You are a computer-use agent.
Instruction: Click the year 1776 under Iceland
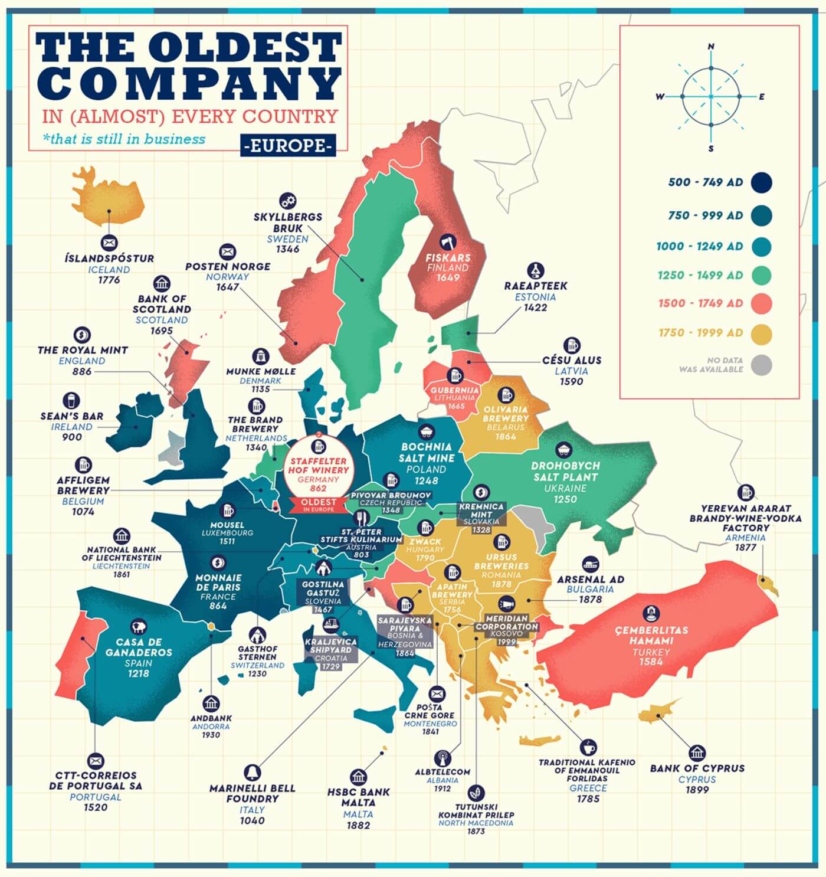click(x=109, y=280)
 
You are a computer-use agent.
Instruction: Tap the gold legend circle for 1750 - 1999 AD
click(x=762, y=333)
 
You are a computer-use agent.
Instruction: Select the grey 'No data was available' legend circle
click(x=762, y=365)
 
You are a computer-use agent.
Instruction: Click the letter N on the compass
click(x=711, y=47)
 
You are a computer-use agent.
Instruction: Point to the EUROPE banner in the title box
click(x=289, y=145)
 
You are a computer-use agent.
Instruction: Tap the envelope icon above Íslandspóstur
click(x=109, y=242)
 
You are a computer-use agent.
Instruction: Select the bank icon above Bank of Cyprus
click(x=697, y=754)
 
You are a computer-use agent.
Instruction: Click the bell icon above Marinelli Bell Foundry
click(x=252, y=772)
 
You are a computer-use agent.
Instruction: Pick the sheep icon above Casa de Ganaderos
click(x=139, y=627)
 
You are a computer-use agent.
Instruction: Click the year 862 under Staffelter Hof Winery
click(x=318, y=488)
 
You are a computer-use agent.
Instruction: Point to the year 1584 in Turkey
click(x=651, y=662)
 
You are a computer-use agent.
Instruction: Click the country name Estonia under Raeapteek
click(x=535, y=297)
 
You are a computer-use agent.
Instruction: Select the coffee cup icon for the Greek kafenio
click(x=588, y=747)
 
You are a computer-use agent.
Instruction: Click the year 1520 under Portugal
click(x=96, y=807)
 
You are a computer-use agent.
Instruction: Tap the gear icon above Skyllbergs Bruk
click(x=288, y=201)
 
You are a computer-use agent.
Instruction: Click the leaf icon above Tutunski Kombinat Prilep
click(x=476, y=792)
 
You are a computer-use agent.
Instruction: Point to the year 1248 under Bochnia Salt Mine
click(x=427, y=480)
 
